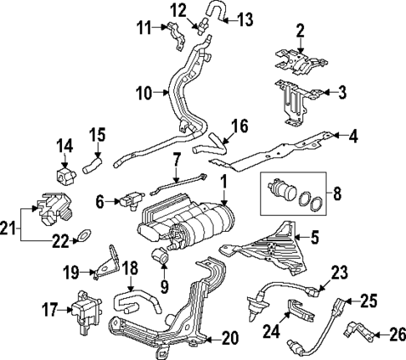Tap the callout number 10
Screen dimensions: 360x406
tap(142, 93)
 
